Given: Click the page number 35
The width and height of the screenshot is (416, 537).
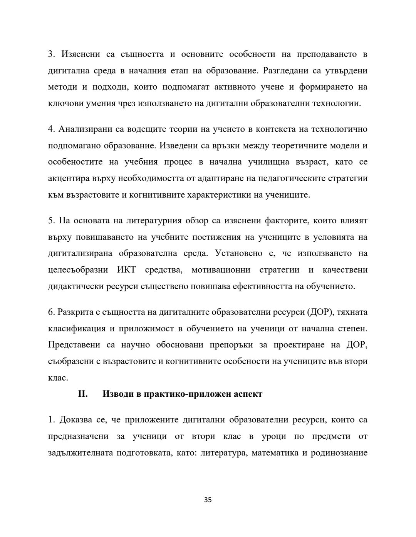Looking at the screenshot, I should [x=208, y=500].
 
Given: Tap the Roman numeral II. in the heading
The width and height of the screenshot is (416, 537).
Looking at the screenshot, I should [x=83, y=394].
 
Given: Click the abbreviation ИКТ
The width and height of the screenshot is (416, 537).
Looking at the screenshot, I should [x=126, y=270].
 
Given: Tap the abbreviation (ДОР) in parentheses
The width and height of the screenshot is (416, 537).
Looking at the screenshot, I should [x=320, y=312].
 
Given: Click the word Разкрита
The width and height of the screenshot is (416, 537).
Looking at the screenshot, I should [x=74, y=312].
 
